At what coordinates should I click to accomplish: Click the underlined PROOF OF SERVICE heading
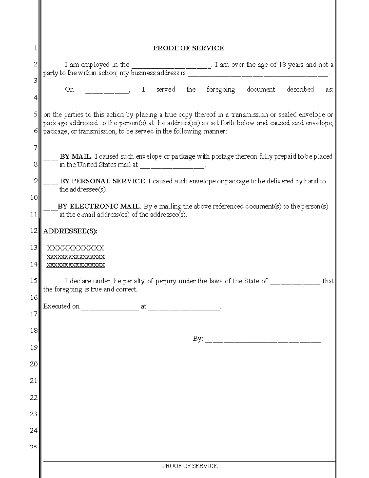pyautogui.click(x=188, y=48)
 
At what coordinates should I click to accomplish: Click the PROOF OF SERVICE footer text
pyautogui.click(x=189, y=466)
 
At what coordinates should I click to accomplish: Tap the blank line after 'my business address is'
pyautogui.click(x=258, y=74)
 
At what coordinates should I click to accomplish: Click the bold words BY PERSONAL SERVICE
pyautogui.click(x=102, y=181)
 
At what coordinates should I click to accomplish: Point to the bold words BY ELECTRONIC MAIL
pyautogui.click(x=99, y=206)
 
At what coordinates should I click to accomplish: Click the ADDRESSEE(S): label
pyautogui.click(x=70, y=231)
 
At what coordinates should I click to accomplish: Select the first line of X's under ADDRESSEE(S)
pyautogui.click(x=75, y=248)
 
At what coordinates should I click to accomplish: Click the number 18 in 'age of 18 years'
pyautogui.click(x=282, y=65)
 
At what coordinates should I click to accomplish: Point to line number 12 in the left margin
pyautogui.click(x=34, y=231)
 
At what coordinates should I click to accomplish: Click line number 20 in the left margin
pyautogui.click(x=34, y=364)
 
